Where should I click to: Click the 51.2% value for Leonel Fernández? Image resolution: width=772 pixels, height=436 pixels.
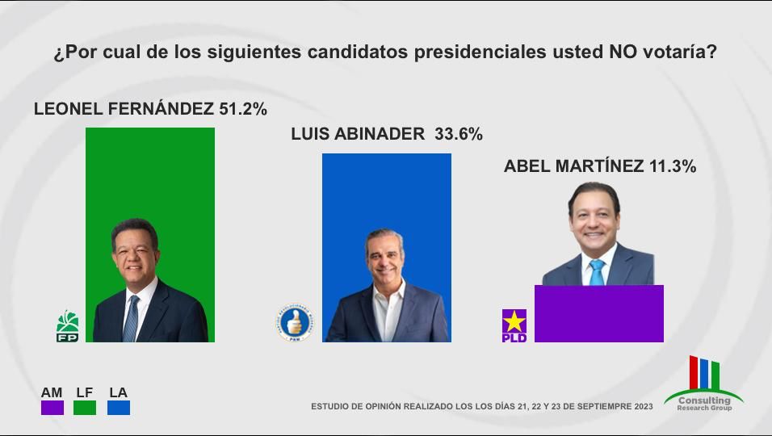tap(242, 109)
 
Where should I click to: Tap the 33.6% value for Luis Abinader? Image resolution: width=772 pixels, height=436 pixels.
tap(458, 135)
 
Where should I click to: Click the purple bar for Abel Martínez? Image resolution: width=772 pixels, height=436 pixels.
tap(598, 314)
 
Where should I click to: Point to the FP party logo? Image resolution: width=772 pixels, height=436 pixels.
tap(67, 325)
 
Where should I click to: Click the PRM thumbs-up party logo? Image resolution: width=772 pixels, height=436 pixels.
tap(293, 322)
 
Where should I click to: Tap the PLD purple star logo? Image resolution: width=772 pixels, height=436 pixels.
tap(514, 325)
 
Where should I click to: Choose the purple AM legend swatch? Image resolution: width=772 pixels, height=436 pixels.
tap(52, 408)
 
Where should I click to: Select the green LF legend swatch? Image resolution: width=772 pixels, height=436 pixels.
tap(85, 408)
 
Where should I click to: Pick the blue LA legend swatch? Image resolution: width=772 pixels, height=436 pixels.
tap(118, 408)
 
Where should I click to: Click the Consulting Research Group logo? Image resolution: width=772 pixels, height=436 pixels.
tap(703, 384)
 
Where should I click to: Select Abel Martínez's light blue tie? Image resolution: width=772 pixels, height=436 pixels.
tap(597, 272)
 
